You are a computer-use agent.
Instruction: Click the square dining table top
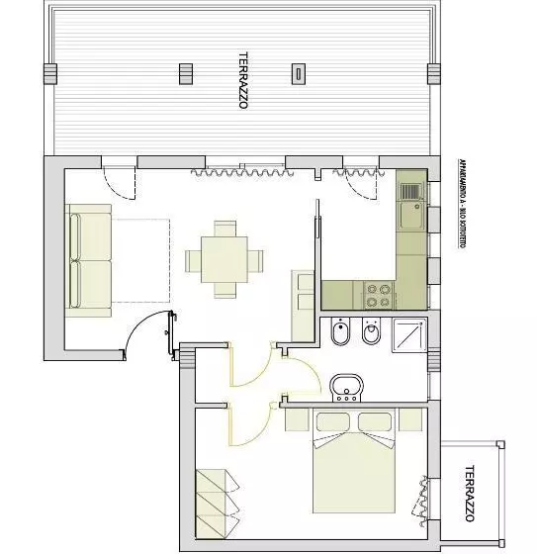224,260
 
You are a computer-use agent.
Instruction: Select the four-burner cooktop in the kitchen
379,294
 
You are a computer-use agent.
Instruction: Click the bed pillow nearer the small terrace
380,422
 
